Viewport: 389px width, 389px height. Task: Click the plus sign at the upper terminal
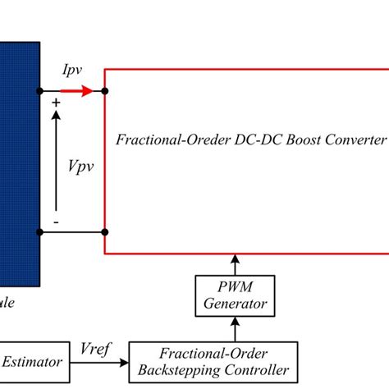point(56,103)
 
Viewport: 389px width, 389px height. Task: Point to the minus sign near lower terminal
point(56,222)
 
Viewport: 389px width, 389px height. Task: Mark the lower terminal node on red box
point(104,234)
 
